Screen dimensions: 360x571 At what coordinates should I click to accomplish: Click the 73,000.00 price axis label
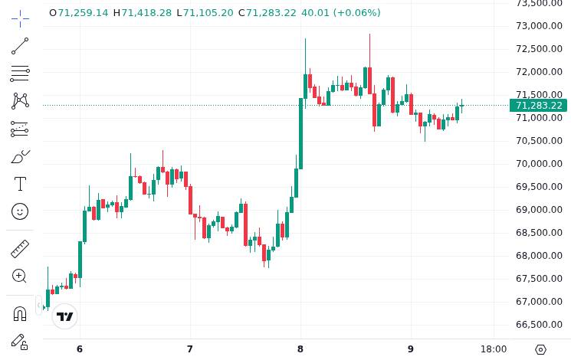coord(540,25)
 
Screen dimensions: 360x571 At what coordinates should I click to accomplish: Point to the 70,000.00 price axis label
coord(540,163)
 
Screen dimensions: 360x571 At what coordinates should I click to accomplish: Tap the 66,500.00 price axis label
coord(540,324)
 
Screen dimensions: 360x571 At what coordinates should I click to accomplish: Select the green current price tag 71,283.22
coord(539,106)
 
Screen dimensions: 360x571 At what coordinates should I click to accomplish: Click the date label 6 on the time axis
coord(80,349)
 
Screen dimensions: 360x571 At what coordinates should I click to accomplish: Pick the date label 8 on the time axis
coord(300,349)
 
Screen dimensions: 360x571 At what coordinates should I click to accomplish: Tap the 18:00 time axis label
coord(494,349)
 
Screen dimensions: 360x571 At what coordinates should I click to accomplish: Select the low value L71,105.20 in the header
coord(205,13)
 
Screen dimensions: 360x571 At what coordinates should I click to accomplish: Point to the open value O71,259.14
coord(79,13)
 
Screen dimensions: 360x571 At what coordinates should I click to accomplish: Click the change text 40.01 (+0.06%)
coord(340,13)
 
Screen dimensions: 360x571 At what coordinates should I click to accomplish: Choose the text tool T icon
coord(20,184)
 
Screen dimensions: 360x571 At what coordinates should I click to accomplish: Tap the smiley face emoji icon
coord(20,211)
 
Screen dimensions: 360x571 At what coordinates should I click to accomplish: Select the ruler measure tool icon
coord(20,249)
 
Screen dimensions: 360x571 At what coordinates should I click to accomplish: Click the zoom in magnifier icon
coord(20,276)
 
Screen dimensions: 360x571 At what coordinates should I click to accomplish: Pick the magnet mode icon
coord(20,313)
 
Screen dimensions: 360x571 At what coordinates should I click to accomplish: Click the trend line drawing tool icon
coord(20,46)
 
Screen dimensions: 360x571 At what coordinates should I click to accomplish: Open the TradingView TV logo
coord(65,316)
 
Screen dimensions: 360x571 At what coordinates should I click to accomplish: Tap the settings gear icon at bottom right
coord(540,349)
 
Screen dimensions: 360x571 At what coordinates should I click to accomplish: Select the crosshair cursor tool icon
coord(20,18)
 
